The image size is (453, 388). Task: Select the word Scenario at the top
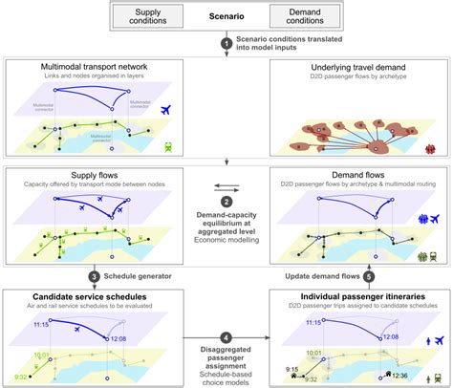tap(226, 16)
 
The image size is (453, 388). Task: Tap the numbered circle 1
tap(226, 43)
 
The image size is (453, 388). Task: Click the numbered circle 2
tap(226, 201)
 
